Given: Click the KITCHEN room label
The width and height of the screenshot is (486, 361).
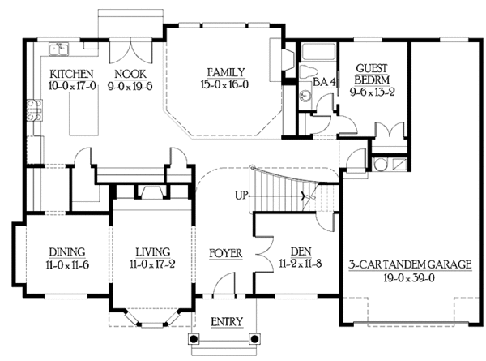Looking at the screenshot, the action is coord(71,74).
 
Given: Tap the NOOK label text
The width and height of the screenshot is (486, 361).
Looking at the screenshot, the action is coord(130,74).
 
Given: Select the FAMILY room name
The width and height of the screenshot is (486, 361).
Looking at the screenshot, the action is coord(226,73).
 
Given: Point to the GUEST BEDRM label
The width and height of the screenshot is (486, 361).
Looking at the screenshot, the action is coord(372,74).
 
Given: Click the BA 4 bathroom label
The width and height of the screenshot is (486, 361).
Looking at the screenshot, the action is coord(324,82).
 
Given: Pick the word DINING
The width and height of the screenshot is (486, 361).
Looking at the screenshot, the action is coord(67,252).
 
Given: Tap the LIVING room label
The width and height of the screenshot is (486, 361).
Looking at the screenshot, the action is coord(153,252).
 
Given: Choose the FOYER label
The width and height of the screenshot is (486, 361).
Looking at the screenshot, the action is coord(226,253).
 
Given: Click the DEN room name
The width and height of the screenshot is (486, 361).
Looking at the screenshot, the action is coord(301,251).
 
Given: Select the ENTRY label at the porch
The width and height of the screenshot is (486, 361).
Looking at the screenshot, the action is coord(227,322).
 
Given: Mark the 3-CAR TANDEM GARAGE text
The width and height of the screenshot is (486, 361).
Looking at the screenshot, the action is coord(410,264).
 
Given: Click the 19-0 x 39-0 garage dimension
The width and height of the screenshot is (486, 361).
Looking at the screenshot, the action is coord(409,277).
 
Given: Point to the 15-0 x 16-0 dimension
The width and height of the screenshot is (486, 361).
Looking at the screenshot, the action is coord(224,84).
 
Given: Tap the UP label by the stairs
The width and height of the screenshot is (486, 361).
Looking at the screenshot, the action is coord(241,196).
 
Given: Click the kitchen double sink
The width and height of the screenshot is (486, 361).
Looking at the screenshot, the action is coord(59,49).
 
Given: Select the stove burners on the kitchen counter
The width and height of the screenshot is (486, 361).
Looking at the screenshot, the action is coord(35,110).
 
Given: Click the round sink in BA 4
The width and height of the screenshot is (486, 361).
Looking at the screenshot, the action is coord(305,95).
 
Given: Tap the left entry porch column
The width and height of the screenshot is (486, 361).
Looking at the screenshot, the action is coord(194,339).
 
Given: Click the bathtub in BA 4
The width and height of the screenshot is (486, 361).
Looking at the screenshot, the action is coord(318,52).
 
